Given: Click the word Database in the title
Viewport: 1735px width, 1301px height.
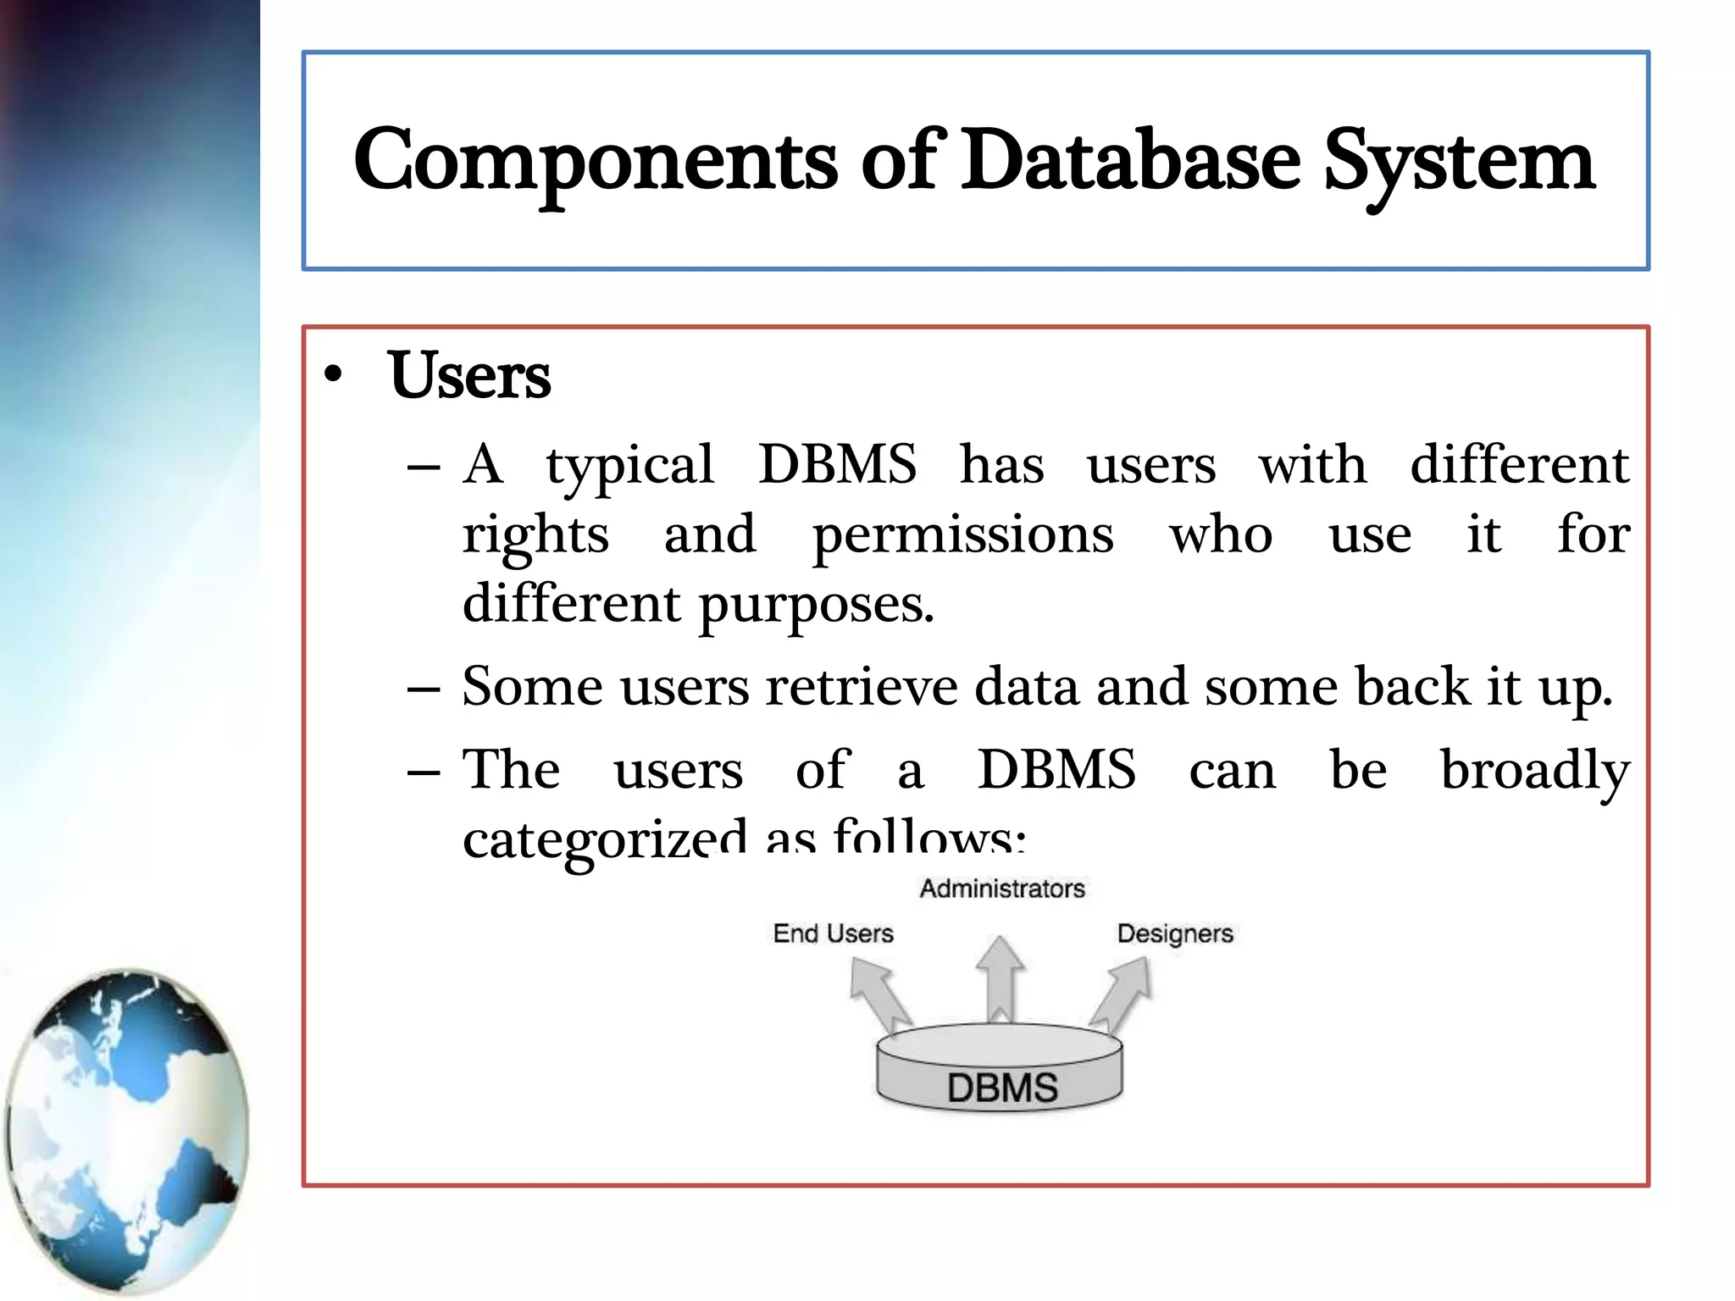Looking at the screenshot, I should tap(1130, 161).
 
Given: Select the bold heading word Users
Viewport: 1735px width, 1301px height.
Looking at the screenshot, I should tap(469, 375).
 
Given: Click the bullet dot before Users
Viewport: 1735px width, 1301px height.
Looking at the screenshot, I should tap(334, 375).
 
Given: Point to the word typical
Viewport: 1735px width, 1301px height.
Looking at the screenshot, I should tap(629, 466).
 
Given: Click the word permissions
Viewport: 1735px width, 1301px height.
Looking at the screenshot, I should tap(962, 535).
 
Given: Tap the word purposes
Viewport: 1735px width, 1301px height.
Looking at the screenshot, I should tap(816, 605).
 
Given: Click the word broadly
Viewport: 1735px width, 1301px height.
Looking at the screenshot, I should tap(1534, 771).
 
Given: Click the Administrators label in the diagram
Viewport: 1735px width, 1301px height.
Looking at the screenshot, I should tap(1002, 889).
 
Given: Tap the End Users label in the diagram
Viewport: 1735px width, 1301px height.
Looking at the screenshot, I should tap(833, 933).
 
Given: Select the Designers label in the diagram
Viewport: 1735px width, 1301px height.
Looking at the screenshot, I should tap(1174, 933).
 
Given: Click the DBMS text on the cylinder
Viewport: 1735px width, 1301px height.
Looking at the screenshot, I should tap(1002, 1088).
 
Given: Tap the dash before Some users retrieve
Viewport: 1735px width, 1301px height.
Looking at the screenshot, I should tap(423, 688).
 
